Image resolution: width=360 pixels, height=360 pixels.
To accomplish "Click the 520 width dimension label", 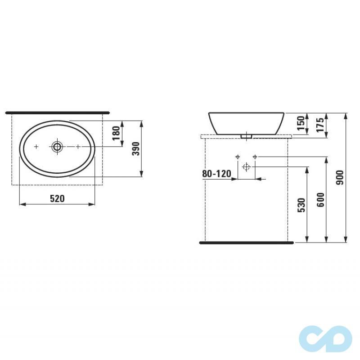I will (57, 198).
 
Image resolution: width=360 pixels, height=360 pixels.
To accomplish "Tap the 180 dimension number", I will (116, 133).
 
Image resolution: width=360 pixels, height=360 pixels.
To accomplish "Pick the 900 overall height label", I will (340, 179).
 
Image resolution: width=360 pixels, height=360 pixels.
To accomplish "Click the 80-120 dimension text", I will (216, 174).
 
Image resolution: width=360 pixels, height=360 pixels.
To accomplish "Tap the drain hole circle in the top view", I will (57, 147).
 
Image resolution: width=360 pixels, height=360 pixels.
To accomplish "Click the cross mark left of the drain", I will (36, 147).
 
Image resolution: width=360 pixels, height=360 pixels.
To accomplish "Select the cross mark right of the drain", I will (78, 147).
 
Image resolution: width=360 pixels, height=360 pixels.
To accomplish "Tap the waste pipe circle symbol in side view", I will (246, 167).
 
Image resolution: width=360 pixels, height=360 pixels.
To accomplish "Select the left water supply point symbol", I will (237, 157).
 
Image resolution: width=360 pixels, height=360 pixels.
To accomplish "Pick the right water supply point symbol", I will (255, 157).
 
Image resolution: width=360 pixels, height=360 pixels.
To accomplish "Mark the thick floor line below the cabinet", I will (246, 243).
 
